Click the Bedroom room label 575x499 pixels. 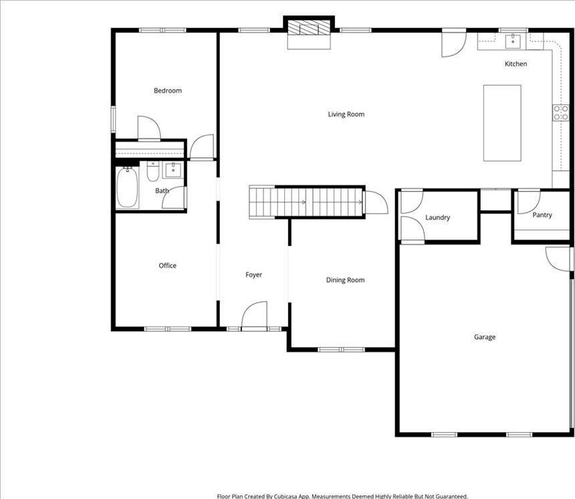168,90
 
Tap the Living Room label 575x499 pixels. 346,114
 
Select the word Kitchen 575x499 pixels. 516,64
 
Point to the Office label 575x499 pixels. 168,266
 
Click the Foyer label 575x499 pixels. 254,275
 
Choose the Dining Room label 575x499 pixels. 346,280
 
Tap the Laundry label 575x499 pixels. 437,217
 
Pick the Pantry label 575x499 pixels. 542,215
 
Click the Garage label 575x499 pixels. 485,337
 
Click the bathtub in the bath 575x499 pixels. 127,187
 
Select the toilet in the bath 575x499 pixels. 153,172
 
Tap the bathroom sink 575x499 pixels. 173,170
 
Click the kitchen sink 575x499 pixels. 513,41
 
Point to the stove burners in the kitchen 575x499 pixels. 561,112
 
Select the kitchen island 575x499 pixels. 502,123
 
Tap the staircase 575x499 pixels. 306,202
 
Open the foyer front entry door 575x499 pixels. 254,315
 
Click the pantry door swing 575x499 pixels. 528,202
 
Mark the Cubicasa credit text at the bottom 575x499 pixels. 342,496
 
